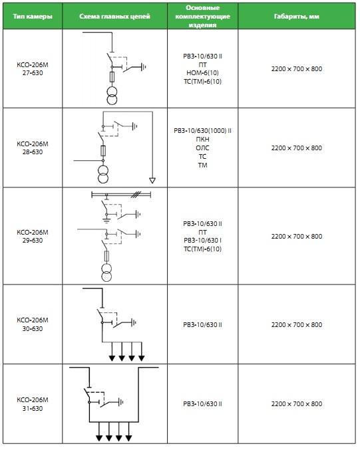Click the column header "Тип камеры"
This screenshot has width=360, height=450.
(33, 17)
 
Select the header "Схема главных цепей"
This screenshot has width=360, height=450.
(114, 17)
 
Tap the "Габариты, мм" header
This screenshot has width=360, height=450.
(297, 17)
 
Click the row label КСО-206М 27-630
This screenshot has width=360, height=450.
(33, 69)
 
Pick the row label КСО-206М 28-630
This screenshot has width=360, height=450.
(33, 148)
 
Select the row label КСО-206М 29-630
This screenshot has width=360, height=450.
(33, 236)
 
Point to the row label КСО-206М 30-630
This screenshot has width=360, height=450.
(33, 324)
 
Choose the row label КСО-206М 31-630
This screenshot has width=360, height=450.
(33, 403)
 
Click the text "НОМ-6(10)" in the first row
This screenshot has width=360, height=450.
(202, 73)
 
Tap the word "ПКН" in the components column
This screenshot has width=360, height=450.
(202, 139)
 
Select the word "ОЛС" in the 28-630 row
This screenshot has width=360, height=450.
(202, 148)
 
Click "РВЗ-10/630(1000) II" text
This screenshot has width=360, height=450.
(202, 130)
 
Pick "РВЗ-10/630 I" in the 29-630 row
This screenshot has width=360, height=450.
(202, 240)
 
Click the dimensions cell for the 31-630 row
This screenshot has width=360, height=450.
(297, 403)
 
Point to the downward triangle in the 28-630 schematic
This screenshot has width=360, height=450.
(152, 180)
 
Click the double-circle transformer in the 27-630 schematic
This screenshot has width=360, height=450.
(112, 96)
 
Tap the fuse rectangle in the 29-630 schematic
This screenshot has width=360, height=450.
(106, 256)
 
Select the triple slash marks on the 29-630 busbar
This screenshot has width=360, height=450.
(135, 195)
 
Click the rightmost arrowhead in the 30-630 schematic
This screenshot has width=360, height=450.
(141, 358)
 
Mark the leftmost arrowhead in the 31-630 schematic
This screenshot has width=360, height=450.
(99, 438)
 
